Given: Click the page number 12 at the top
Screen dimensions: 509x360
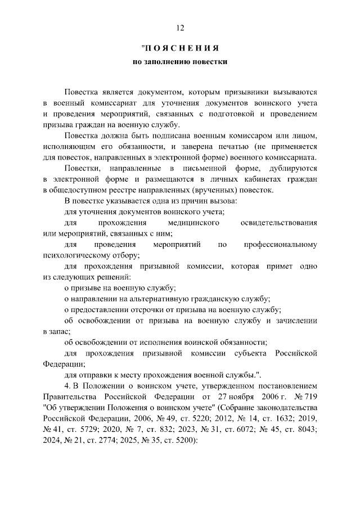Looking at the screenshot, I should [x=180, y=28].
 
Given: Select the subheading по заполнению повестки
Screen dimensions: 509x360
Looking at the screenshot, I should [x=180, y=62].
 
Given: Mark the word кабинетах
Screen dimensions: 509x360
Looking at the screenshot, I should [x=269, y=179].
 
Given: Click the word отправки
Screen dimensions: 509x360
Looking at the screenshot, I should [x=91, y=375].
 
